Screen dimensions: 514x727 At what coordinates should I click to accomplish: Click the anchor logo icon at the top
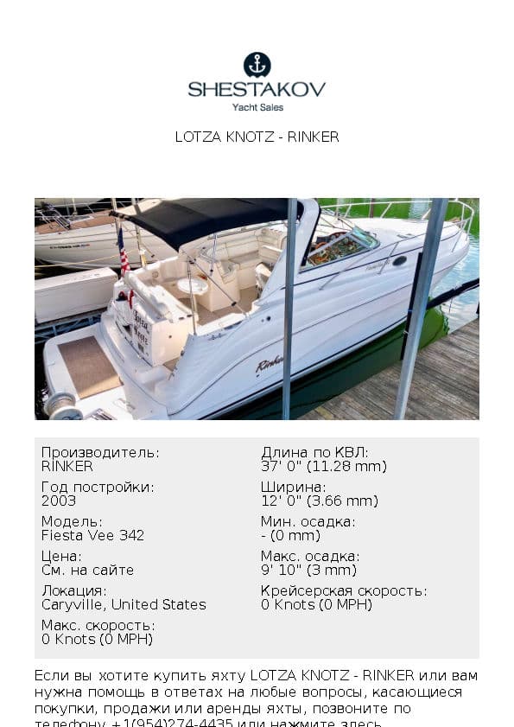(257, 64)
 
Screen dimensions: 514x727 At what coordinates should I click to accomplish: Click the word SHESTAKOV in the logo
(257, 89)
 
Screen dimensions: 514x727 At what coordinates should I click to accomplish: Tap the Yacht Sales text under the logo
(257, 107)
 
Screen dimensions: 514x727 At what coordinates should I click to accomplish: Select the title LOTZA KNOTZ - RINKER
(257, 137)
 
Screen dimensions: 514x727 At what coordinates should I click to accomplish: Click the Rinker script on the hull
(270, 364)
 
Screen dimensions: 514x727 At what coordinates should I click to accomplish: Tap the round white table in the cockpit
(192, 285)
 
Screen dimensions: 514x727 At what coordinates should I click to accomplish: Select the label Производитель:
(100, 453)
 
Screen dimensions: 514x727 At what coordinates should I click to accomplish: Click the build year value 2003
(59, 501)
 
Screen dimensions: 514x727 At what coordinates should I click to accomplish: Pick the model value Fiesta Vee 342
(92, 535)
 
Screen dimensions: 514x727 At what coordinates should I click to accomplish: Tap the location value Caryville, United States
(124, 604)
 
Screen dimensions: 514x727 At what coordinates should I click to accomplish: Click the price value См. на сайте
(87, 570)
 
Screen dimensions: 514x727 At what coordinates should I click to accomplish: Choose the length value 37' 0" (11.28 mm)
(323, 466)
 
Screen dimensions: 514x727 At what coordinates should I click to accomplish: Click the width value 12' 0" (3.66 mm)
(319, 501)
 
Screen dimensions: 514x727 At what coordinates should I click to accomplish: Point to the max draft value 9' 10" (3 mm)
(308, 570)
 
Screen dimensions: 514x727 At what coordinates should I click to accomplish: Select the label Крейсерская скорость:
(343, 591)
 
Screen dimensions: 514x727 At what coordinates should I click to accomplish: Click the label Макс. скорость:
(98, 626)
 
